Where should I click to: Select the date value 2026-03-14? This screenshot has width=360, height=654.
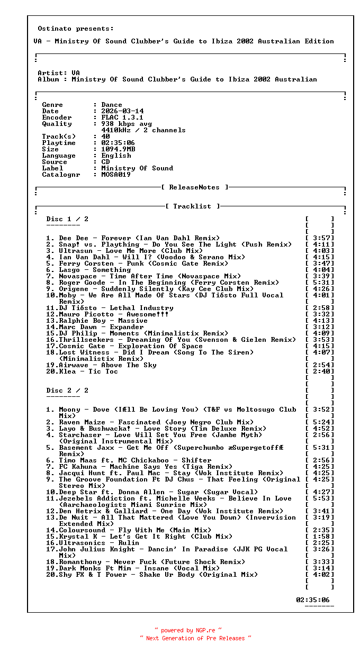[x=122, y=111]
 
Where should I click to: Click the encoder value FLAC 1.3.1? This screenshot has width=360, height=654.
[x=122, y=117]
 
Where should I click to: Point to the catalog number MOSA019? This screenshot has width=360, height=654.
[x=116, y=175]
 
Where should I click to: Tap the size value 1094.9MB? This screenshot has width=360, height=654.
[x=118, y=149]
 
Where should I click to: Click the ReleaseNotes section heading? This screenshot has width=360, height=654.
[x=194, y=187]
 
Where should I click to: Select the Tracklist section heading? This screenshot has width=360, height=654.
[x=192, y=206]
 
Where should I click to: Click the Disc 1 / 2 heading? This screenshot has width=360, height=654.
[x=67, y=219]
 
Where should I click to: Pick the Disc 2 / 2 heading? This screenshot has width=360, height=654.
[x=67, y=390]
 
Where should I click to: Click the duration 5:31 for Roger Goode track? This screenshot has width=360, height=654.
[x=321, y=283]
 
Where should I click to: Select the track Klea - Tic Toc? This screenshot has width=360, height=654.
[x=88, y=371]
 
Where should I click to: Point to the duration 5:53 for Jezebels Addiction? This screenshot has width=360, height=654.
[x=321, y=498]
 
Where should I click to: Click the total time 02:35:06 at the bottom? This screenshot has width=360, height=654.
[x=312, y=600]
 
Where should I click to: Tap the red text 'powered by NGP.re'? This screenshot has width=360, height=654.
[x=188, y=630]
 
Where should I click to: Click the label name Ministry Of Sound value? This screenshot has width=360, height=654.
[x=137, y=168]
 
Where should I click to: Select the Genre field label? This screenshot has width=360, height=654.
[x=52, y=105]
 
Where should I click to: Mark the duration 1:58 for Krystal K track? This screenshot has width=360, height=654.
[x=321, y=537]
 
